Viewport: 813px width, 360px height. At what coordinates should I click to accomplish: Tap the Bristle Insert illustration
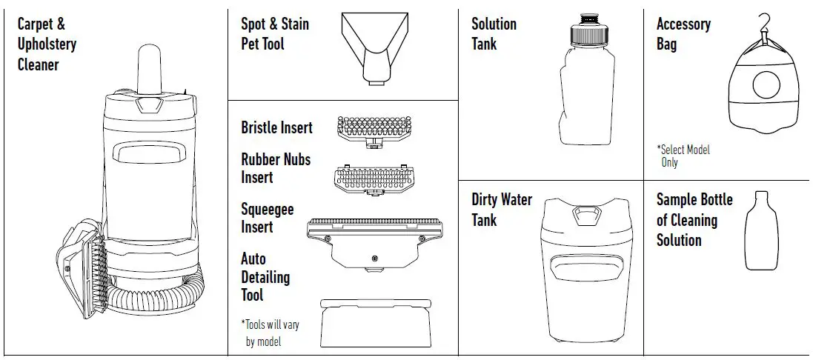368,129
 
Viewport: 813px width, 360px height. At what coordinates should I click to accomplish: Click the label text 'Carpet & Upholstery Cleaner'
46,44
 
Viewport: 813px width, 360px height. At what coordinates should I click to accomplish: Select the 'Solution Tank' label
494,34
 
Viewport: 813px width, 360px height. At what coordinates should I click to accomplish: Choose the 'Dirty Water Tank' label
502,210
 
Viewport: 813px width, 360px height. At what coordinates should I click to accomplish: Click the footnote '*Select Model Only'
683,156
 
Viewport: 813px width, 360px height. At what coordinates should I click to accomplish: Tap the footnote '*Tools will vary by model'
270,333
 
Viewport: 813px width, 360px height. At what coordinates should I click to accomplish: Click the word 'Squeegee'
267,210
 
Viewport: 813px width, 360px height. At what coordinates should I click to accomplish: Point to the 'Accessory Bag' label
683,34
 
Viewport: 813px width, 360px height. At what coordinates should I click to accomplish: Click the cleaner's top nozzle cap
151,71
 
